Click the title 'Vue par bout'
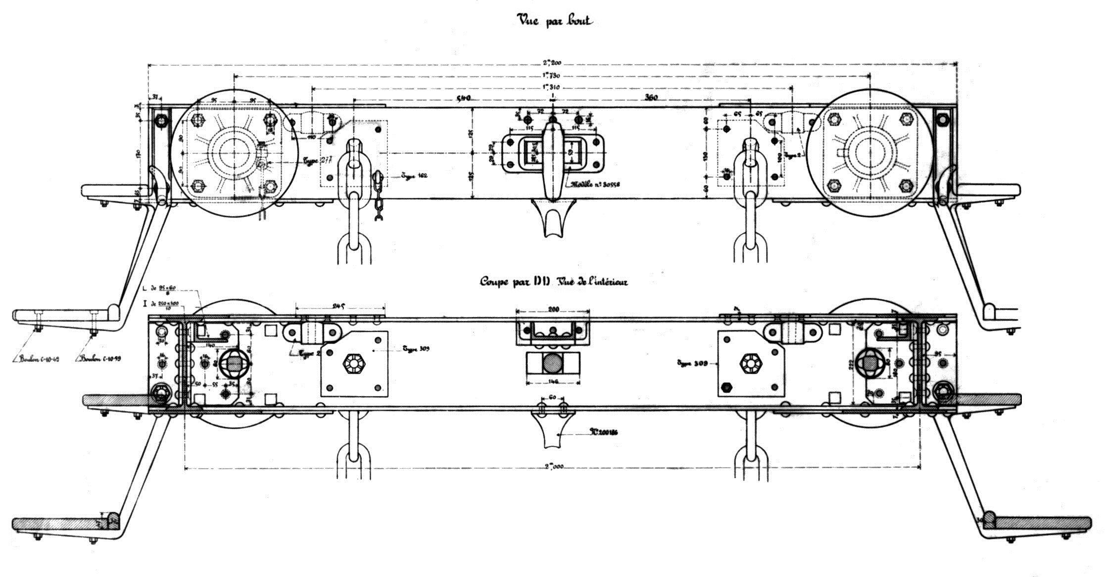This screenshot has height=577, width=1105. (554, 21)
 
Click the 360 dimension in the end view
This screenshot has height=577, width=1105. (651, 98)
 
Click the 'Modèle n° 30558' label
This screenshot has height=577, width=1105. (595, 184)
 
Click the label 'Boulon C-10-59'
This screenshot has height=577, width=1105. (100, 359)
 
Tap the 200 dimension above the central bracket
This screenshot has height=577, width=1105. (553, 310)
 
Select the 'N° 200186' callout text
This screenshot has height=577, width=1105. (603, 433)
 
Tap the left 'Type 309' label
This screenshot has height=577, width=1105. (416, 349)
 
